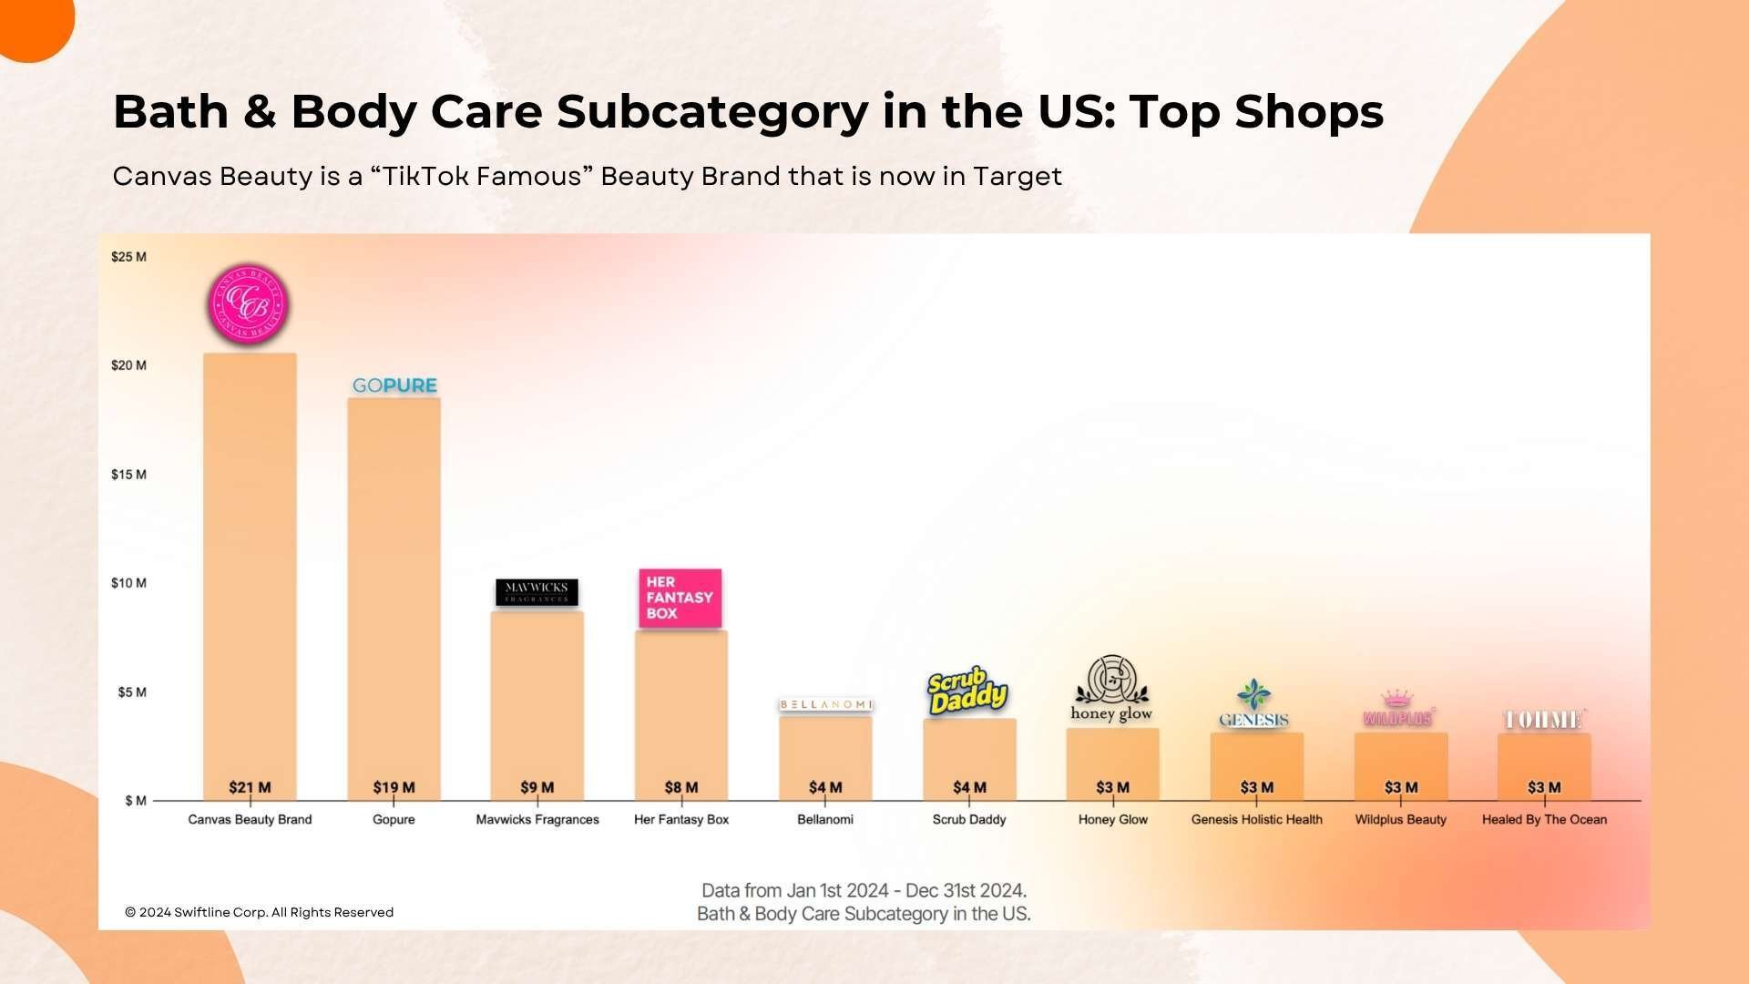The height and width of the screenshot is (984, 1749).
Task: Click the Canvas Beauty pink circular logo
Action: tap(250, 305)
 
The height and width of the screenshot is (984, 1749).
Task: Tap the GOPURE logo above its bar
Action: tap(394, 385)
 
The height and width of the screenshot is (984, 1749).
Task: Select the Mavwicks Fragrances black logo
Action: tap(537, 592)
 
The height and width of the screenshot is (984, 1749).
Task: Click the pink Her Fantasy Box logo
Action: tap(680, 598)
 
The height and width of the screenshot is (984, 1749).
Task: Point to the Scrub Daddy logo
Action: tap(967, 691)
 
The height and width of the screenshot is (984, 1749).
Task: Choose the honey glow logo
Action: tap(1111, 690)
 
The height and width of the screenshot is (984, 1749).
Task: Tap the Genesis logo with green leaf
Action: tap(1254, 704)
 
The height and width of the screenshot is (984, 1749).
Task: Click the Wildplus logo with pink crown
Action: tap(1398, 710)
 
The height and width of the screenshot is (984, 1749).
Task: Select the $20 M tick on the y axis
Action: tap(128, 365)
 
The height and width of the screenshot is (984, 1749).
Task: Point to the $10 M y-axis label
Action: tap(128, 583)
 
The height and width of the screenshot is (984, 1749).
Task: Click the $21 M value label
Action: tap(250, 787)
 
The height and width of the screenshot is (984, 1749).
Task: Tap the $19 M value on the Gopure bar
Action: tap(394, 787)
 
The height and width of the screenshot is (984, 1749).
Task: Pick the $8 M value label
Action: tap(680, 787)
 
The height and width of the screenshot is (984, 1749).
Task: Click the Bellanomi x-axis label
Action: tap(824, 820)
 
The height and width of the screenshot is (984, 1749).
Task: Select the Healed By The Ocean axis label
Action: tap(1544, 820)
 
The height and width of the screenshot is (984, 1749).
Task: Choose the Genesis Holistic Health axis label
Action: tap(1256, 820)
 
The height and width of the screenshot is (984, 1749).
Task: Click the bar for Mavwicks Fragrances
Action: tap(537, 702)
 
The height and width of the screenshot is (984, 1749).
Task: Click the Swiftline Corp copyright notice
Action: tap(260, 912)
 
